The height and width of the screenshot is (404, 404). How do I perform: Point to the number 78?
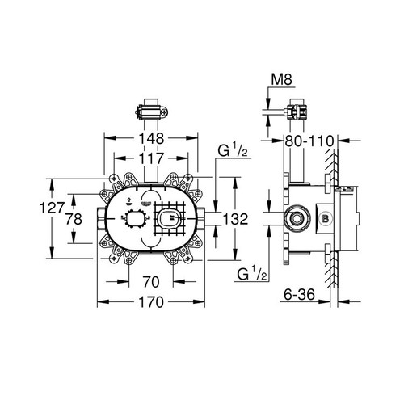74,219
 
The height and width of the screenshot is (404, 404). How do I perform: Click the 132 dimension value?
234,218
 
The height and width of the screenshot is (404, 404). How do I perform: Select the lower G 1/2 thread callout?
253,276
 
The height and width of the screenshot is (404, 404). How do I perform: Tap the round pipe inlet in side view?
295,217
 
